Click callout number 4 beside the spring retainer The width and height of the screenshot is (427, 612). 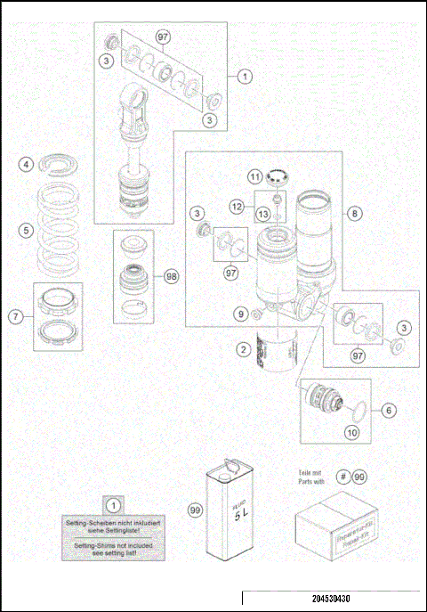28,165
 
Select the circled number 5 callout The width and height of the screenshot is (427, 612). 28,230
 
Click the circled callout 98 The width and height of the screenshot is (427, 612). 172,276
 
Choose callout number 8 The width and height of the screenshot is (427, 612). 354,214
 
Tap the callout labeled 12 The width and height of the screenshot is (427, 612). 237,206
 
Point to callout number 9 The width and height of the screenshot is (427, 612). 238,314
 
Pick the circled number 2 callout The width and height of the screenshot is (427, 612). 242,350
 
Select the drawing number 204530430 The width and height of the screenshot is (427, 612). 331,600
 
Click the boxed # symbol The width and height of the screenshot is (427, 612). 342,477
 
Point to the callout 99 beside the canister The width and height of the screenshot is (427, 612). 195,510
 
